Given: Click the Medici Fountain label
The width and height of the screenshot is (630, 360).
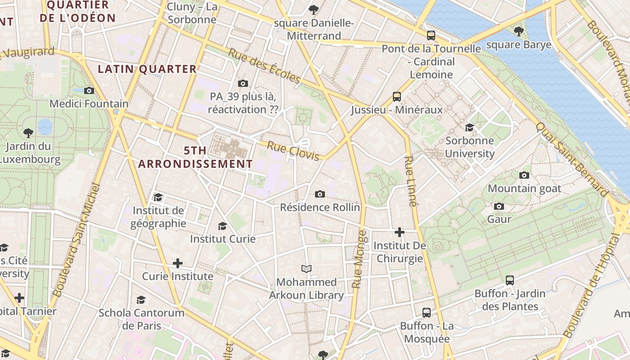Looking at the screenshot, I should (89, 103).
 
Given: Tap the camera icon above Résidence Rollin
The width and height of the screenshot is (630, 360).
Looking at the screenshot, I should (320, 194).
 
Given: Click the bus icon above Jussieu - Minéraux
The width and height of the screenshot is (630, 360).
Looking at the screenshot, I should (396, 96).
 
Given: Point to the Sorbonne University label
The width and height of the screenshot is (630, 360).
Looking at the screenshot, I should (469, 147).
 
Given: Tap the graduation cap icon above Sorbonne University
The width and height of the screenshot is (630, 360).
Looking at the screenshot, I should (469, 127).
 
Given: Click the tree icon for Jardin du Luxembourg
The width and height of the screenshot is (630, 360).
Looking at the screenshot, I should (28, 133).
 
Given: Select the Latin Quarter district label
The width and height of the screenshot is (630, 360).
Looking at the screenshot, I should (147, 69).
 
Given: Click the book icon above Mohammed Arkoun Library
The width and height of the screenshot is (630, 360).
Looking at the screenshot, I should (306, 269).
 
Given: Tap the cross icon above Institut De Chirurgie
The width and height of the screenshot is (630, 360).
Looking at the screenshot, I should (400, 232).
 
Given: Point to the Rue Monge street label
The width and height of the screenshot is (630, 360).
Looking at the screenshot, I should (359, 259).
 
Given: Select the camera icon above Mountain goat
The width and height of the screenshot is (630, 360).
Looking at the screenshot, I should (524, 175).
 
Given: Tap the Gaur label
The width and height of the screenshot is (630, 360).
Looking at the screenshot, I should (499, 219).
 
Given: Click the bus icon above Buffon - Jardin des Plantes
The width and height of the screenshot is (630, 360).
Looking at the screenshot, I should (510, 280).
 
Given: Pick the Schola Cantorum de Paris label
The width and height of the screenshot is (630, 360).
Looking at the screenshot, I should (141, 319).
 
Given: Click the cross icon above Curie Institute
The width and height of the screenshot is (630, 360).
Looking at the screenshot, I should (178, 263).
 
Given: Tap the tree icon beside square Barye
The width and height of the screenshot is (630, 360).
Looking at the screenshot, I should (519, 31).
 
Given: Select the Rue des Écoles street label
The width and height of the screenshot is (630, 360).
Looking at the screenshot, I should (264, 66).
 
